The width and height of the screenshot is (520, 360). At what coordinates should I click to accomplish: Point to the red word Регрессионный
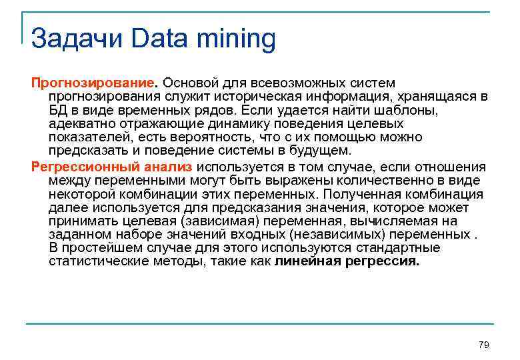pyautogui.click(x=71, y=167)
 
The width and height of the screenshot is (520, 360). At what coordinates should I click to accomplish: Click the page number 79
pyautogui.click(x=484, y=345)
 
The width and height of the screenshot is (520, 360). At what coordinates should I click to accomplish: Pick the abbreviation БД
pyautogui.click(x=57, y=111)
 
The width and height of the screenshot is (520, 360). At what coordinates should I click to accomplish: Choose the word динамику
pyautogui.click(x=225, y=124)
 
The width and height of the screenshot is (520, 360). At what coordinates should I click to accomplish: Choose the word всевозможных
pyautogui.click(x=296, y=83)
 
